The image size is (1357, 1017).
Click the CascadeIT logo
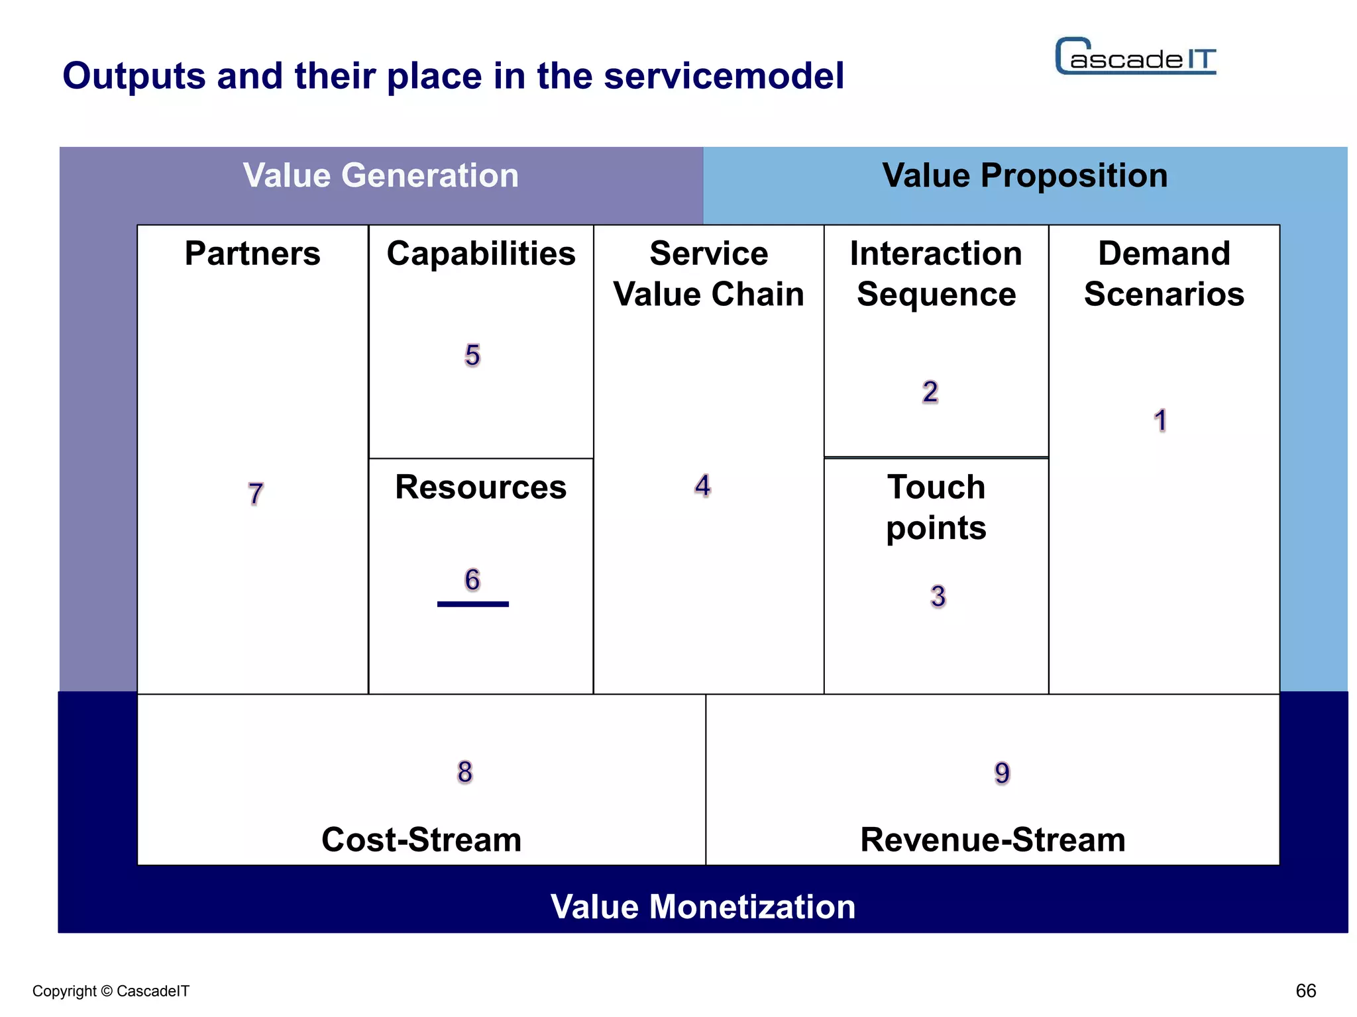(x=1136, y=57)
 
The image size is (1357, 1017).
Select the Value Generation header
(x=380, y=176)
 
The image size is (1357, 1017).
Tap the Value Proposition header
(x=1024, y=176)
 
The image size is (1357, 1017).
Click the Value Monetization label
(x=702, y=906)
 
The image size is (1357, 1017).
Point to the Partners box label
(x=252, y=254)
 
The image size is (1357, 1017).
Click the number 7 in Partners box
(x=256, y=494)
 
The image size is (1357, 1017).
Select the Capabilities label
(x=481, y=254)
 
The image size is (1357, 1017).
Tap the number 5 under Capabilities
(x=472, y=356)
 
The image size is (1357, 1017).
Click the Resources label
(x=481, y=487)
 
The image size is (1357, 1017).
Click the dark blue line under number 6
(x=473, y=604)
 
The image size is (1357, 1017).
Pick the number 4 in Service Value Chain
(x=702, y=486)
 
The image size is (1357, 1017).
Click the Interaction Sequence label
(x=936, y=273)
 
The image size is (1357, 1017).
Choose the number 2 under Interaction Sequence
(x=930, y=392)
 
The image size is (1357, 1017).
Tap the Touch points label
(x=936, y=507)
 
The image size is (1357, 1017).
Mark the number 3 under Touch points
(x=938, y=597)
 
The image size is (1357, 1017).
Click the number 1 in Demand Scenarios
(x=1160, y=421)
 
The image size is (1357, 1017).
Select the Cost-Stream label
(x=421, y=840)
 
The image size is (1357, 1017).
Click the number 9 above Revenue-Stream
(x=1002, y=773)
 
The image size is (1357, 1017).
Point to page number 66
(x=1305, y=991)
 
